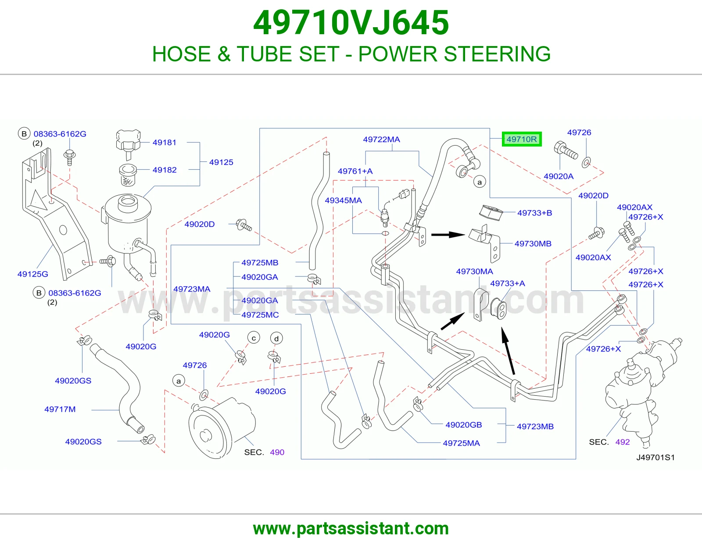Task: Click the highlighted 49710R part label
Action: click(521, 139)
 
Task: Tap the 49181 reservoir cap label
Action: click(165, 143)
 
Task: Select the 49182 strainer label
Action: click(165, 170)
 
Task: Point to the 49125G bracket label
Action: click(32, 274)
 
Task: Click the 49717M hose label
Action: click(60, 409)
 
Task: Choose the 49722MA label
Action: click(382, 140)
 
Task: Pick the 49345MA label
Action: click(344, 200)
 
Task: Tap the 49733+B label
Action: click(535, 213)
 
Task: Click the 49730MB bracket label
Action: click(533, 243)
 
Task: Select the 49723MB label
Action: click(535, 426)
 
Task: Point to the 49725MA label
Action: click(461, 443)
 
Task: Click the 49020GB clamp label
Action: click(464, 425)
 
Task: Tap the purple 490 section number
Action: click(277, 452)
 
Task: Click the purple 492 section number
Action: click(623, 442)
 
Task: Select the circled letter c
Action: click(254, 338)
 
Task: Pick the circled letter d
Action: click(276, 339)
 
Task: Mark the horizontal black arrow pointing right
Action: click(448, 235)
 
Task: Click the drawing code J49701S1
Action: click(655, 458)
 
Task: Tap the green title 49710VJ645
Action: click(351, 23)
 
